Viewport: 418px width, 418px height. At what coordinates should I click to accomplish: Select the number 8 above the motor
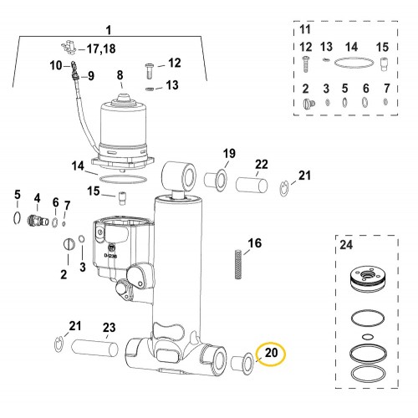tap(120, 75)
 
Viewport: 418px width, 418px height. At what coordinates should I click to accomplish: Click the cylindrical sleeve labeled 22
tap(250, 183)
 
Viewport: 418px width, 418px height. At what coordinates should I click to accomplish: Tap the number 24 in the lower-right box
tap(346, 246)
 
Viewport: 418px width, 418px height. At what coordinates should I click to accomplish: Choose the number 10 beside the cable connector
tap(57, 64)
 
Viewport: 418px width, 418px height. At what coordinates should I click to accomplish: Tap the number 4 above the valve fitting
tap(37, 198)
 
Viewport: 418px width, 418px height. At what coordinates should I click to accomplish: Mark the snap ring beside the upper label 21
tap(286, 186)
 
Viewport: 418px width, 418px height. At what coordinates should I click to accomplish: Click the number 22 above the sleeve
tap(261, 164)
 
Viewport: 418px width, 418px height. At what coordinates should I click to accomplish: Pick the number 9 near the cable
tap(91, 76)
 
